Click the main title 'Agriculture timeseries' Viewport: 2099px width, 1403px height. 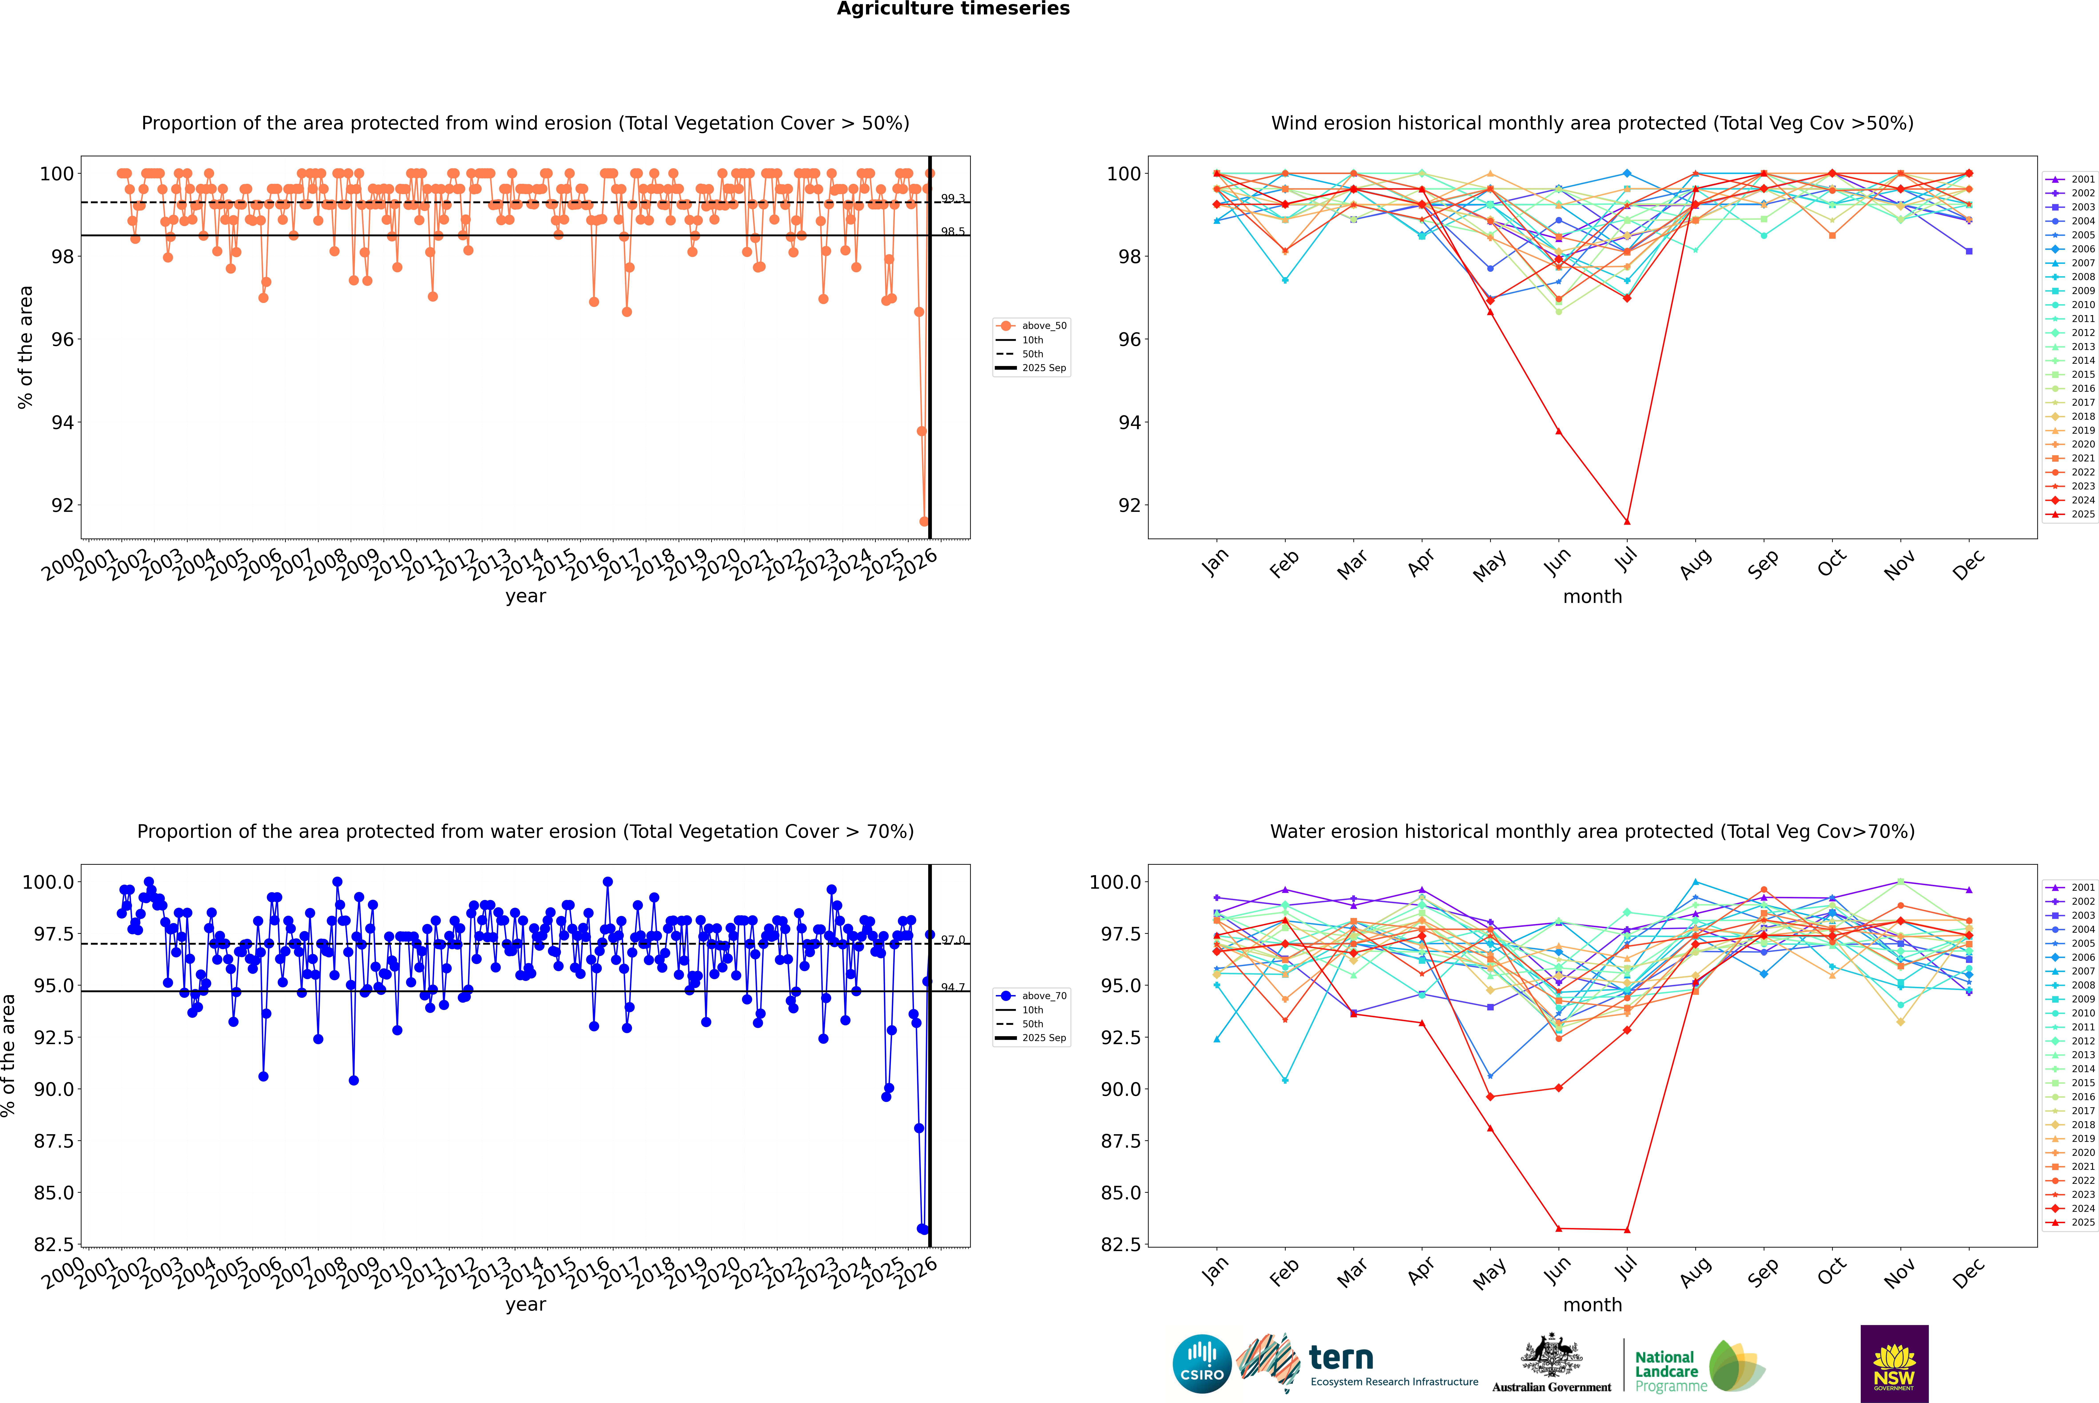click(953, 9)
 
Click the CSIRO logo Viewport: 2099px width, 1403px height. click(1202, 1364)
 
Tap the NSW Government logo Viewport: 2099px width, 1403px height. click(1894, 1364)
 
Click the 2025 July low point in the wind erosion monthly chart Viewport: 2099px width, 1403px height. click(1626, 522)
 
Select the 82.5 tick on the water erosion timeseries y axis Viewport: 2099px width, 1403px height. click(52, 1245)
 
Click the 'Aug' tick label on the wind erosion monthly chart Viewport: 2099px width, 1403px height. click(1696, 564)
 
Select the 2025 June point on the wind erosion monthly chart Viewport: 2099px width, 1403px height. click(1559, 431)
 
